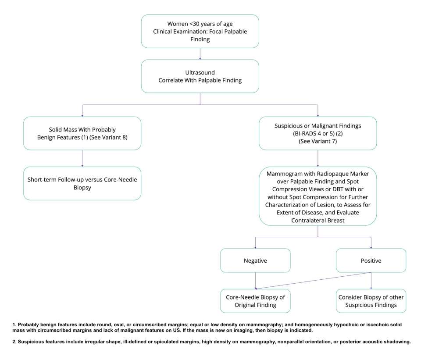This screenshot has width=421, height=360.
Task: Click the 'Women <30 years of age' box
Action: click(200, 31)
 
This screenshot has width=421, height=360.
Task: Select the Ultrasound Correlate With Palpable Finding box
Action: click(200, 76)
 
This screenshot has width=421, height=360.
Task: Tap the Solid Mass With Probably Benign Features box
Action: click(82, 133)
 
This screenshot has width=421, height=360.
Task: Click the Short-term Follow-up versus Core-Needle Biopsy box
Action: click(82, 183)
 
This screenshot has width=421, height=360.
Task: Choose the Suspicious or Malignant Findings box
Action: click(318, 133)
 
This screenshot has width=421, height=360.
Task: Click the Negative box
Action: click(255, 260)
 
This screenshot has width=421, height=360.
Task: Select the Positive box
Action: click(371, 260)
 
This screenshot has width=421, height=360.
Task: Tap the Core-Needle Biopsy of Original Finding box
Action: click(255, 301)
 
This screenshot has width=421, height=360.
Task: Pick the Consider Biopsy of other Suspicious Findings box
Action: click(371, 301)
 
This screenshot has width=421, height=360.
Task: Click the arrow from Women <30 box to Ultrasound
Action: click(200, 53)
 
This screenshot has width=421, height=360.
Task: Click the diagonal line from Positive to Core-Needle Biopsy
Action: click(314, 280)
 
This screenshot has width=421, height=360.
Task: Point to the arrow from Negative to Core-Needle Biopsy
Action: click(255, 280)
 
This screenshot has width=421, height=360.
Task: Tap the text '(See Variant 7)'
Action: click(318, 142)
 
